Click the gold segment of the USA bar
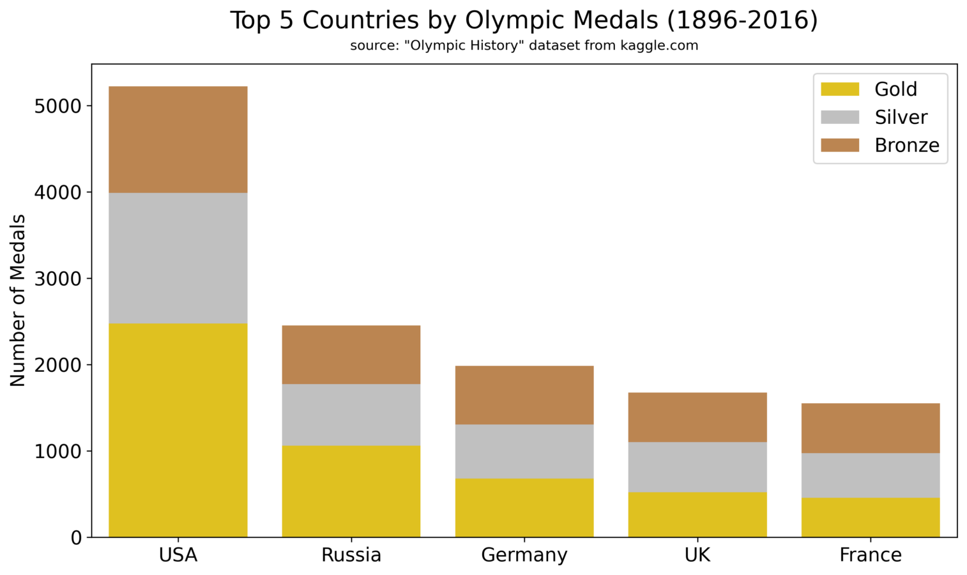pos(178,430)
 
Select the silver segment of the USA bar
pos(178,257)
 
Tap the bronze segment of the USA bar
pos(178,139)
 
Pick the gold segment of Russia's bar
pos(351,491)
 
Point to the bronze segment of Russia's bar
pos(351,355)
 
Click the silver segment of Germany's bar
pos(524,451)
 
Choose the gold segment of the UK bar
pos(697,514)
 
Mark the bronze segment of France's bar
pos(871,428)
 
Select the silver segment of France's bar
pos(871,475)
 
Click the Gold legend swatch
pos(840,89)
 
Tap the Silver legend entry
pos(901,118)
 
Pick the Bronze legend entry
pos(907,146)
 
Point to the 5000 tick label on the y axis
pos(58,106)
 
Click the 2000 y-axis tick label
pos(58,365)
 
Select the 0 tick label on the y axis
pos(77,538)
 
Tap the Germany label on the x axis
pos(524,555)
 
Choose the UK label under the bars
pos(697,555)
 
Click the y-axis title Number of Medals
pos(18,300)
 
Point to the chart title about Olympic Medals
pos(524,20)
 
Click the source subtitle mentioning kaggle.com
pos(524,46)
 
